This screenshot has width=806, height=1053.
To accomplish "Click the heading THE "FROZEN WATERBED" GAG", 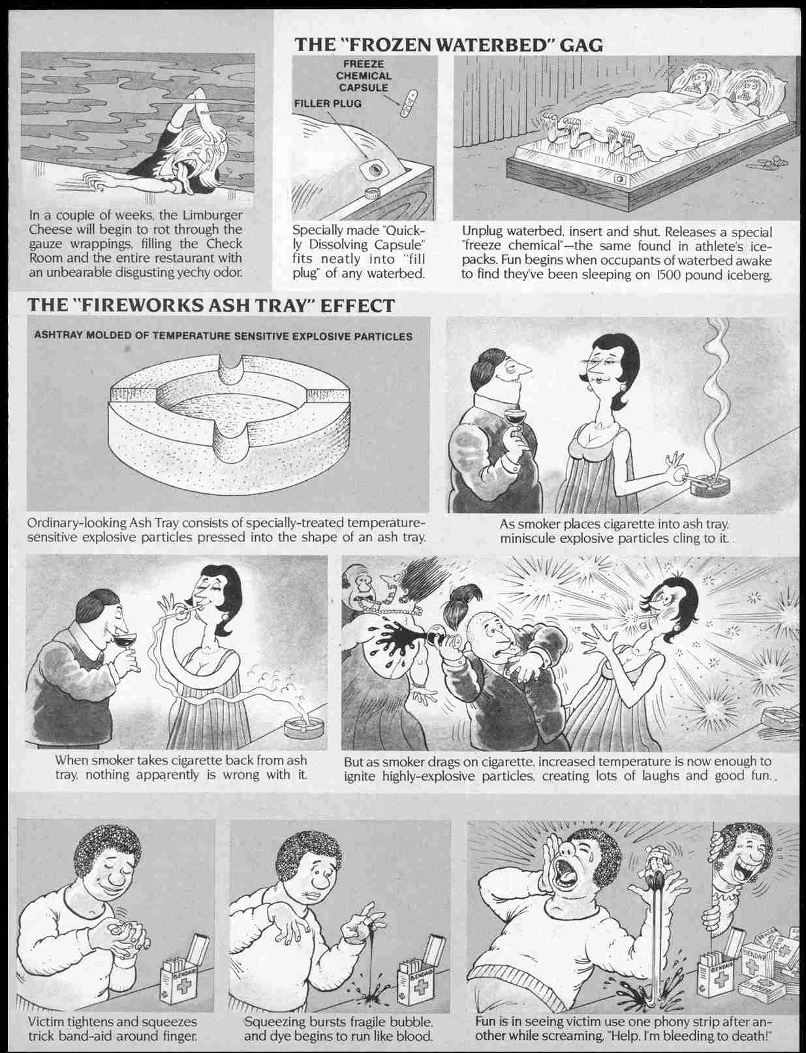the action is (x=449, y=44).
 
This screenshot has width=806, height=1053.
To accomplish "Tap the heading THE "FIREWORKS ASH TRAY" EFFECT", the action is (x=211, y=305).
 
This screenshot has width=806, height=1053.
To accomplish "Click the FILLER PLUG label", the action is (x=328, y=104).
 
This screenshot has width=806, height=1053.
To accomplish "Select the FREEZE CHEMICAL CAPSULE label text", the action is (x=364, y=76).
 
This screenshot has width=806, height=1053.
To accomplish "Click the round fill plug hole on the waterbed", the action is (x=375, y=169).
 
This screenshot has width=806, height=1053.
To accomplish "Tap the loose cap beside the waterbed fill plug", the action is (x=372, y=193).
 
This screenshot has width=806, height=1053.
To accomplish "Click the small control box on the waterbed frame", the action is (x=619, y=179).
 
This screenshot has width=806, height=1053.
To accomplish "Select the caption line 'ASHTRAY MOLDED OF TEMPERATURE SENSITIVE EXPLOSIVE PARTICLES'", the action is (x=223, y=336).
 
